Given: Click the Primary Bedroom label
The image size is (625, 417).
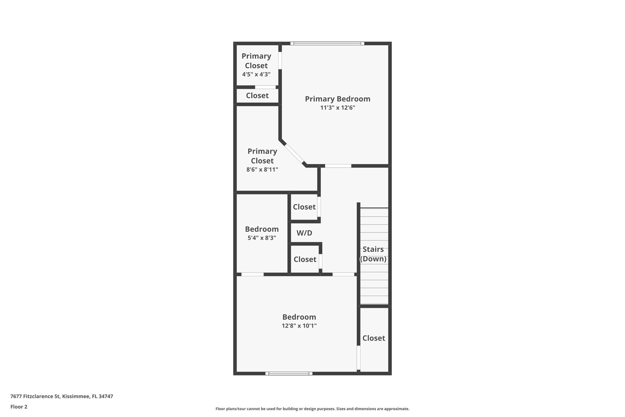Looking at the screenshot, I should click(338, 99).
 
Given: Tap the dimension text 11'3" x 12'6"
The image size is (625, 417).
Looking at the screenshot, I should click(338, 108).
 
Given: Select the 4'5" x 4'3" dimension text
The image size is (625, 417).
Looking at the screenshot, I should click(256, 74).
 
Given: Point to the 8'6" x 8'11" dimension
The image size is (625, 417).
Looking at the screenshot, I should click(262, 170).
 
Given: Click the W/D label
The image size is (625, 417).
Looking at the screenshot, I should click(304, 233).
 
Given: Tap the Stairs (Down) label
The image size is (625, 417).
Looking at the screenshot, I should click(373, 254).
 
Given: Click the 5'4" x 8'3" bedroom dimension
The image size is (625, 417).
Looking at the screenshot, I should click(262, 238).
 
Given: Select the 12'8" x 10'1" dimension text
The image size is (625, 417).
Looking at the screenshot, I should click(299, 326).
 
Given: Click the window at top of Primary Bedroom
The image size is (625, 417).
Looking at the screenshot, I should click(327, 43).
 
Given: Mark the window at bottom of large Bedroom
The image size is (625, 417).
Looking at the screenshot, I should click(289, 373).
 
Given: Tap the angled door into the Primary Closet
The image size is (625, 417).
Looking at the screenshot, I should click(294, 154).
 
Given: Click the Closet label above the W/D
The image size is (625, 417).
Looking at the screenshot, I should click(304, 207).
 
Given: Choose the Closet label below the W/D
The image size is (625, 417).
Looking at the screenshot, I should click(305, 259).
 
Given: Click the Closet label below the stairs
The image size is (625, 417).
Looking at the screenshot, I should click(374, 338).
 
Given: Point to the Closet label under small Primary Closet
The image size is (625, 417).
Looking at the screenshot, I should click(257, 96).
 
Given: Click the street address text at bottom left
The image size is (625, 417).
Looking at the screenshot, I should click(62, 396).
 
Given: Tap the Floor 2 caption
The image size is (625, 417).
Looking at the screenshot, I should click(19, 407).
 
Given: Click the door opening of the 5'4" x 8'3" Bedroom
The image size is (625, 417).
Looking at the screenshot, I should click(252, 274).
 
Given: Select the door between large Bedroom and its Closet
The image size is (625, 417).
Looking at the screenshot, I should click(359, 357).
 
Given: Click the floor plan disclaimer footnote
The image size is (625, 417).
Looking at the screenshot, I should click(312, 409).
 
